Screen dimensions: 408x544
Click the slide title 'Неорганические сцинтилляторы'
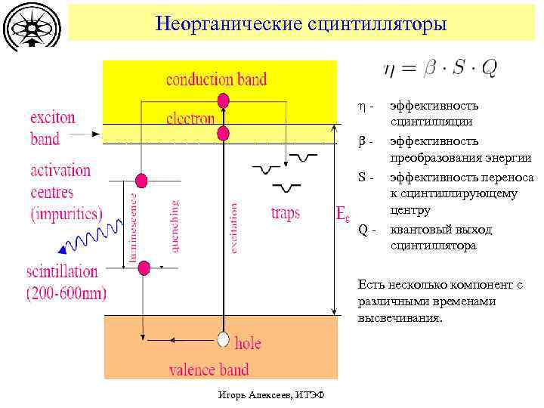coord(301,23)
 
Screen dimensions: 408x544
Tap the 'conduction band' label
coord(216,80)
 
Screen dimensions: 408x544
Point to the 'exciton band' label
coord(52,128)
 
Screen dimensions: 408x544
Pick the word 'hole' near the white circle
coord(248,344)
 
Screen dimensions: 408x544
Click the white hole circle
coord(223,338)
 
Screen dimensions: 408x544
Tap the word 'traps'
coord(285,213)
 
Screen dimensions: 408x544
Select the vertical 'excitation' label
coord(234,227)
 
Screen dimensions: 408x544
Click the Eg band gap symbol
coord(342,215)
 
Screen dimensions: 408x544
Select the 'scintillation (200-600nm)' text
coord(66,282)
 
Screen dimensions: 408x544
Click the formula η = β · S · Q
coord(440,69)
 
